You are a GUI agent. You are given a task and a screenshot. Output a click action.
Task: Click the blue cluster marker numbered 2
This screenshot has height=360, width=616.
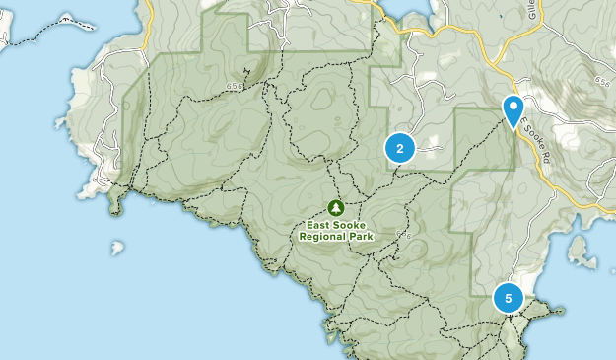[399, 149]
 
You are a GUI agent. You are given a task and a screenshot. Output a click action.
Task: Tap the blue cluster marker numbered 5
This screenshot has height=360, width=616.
[509, 297]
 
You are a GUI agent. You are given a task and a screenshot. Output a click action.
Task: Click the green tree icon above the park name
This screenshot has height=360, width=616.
[335, 207]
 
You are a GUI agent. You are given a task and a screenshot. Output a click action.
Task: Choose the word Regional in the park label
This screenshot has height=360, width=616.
[324, 237]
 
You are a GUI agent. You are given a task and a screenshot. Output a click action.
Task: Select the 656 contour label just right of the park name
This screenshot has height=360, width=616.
[402, 235]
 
